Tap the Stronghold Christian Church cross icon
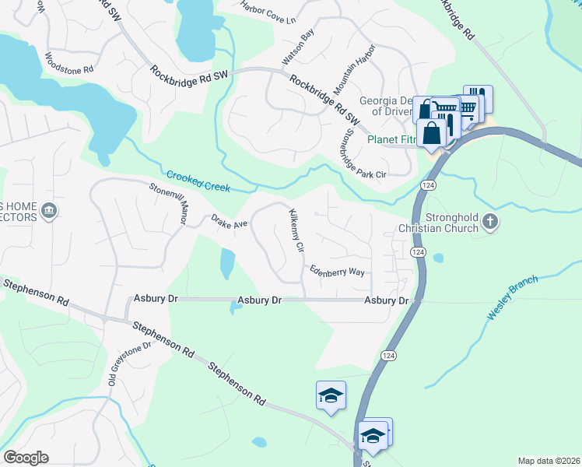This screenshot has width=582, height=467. pyautogui.click(x=490, y=221)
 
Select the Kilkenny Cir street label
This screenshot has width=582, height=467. pyautogui.click(x=296, y=230)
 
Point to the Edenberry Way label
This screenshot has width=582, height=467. pyautogui.click(x=337, y=272)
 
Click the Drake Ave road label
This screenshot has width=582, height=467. pyautogui.click(x=229, y=222)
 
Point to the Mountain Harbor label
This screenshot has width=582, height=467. pyautogui.click(x=354, y=70)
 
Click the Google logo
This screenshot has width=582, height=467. pyautogui.click(x=26, y=458)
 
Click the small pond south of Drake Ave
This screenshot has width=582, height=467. pyautogui.click(x=226, y=264)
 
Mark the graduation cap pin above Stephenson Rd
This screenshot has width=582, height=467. pyautogui.click(x=331, y=395)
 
